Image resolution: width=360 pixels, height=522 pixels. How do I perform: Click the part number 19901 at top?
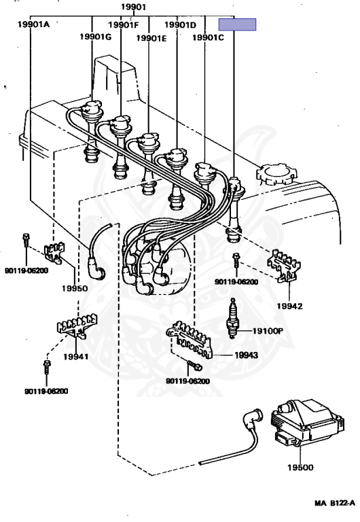[133, 7]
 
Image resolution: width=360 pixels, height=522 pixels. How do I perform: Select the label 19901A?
[33, 24]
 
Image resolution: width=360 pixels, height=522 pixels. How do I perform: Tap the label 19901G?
[96, 36]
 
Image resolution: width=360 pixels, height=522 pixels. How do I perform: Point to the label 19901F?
[124, 24]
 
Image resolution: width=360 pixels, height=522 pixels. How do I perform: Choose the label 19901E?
[151, 38]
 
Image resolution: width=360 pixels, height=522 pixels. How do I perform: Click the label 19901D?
[180, 24]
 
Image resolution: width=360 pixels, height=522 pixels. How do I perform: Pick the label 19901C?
[209, 37]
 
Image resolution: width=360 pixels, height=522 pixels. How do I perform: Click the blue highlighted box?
[237, 24]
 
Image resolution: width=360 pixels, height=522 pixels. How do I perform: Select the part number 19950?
[75, 288]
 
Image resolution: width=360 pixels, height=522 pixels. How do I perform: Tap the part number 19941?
[76, 357]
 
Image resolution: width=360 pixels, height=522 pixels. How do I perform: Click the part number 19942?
[290, 306]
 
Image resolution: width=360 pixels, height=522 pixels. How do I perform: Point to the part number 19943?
[246, 355]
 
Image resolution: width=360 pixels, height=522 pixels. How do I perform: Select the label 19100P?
[268, 331]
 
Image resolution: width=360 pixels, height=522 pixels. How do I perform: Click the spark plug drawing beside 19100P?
[232, 319]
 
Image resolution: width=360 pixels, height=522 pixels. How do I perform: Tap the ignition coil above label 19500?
[307, 423]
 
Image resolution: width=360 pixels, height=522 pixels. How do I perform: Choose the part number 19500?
[300, 468]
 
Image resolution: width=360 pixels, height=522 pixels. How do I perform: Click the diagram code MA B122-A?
[335, 503]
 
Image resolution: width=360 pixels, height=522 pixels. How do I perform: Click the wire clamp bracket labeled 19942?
[285, 266]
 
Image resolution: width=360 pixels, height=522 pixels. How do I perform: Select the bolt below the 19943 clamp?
[195, 366]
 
